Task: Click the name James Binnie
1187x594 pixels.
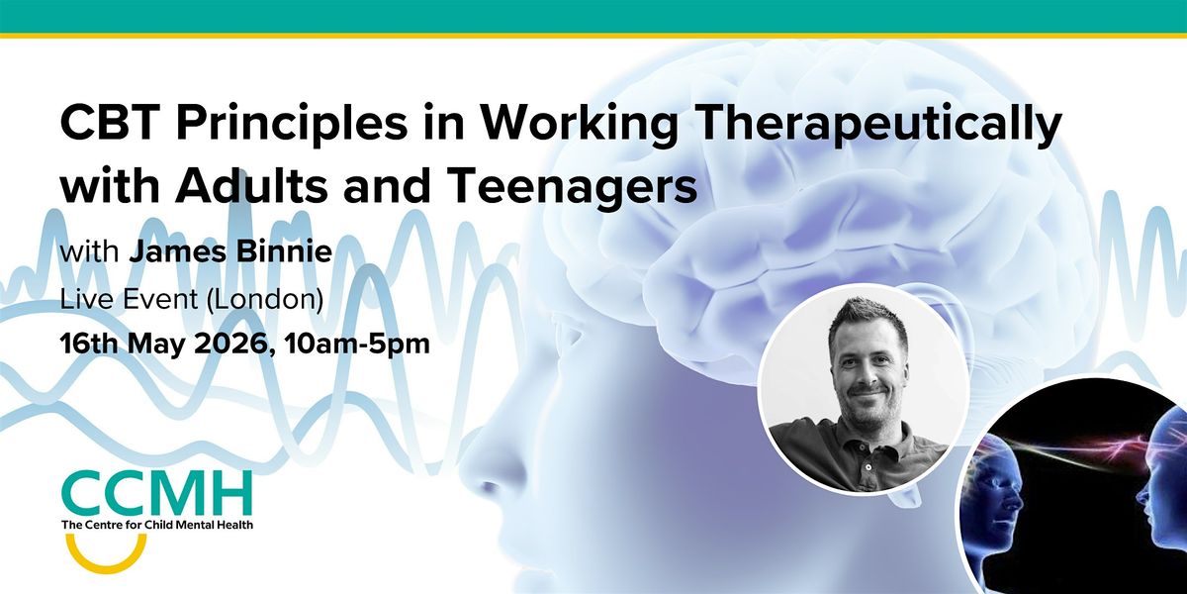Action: click(x=229, y=252)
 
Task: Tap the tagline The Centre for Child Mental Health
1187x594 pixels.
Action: click(x=156, y=524)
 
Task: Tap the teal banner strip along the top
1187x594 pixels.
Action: click(x=593, y=15)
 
